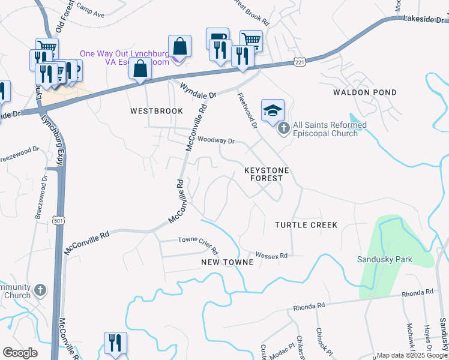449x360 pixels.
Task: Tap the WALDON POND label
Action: click(x=365, y=92)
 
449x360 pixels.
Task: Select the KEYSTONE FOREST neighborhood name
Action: click(x=267, y=174)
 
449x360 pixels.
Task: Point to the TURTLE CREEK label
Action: click(x=306, y=225)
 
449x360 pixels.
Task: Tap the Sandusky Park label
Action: click(x=384, y=260)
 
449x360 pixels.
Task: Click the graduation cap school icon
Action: click(x=272, y=110)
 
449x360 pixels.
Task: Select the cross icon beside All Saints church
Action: click(x=283, y=128)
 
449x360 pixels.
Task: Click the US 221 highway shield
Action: click(x=300, y=62)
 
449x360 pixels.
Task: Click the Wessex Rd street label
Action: click(x=271, y=255)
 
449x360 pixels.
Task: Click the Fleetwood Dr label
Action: click(x=247, y=111)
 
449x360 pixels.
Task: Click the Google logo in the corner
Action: click(x=20, y=352)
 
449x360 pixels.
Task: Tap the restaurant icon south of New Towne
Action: click(x=115, y=343)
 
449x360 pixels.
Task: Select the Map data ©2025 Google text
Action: click(x=412, y=355)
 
